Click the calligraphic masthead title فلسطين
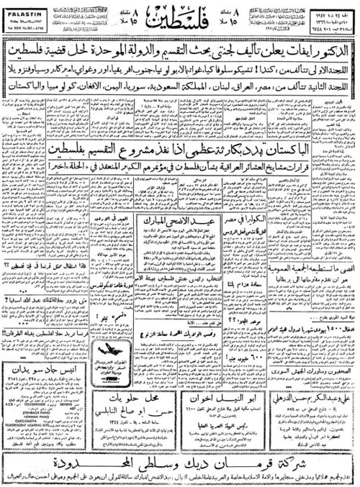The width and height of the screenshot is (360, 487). click(180, 18)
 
